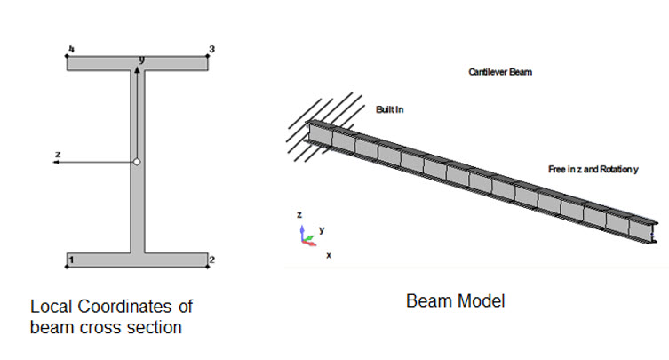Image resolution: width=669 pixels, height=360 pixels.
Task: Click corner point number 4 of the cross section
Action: (68, 56)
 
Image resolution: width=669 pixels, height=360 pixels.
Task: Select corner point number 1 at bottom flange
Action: (68, 265)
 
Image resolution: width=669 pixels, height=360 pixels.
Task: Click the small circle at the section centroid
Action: (137, 162)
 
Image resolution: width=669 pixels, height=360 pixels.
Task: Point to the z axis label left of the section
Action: (57, 154)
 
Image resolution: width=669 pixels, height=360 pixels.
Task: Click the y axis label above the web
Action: (142, 60)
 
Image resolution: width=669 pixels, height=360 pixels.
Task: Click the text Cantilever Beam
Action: (499, 72)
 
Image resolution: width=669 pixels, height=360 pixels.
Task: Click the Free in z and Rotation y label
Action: (593, 169)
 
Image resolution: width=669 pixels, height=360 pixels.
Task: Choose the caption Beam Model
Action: (455, 301)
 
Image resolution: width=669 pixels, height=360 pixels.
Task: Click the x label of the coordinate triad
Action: (328, 255)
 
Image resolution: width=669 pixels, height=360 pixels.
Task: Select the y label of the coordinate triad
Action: (321, 229)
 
